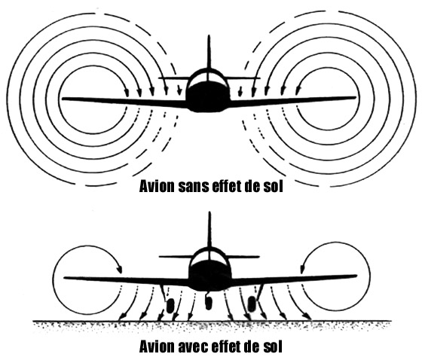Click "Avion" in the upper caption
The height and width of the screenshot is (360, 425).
157,186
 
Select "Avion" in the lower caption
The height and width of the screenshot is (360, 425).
157,346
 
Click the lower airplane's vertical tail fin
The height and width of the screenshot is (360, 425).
209,230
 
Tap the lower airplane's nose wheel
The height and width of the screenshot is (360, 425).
208,303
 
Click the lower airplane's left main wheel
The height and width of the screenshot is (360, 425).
170,306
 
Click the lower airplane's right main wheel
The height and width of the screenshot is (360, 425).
252,304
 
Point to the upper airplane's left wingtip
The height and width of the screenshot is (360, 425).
63,99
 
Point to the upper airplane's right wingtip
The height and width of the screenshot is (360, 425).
355,97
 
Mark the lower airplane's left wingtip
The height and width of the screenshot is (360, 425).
65,278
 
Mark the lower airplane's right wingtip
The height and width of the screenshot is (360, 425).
356,276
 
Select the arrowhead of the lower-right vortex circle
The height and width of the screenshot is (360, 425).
302,269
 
